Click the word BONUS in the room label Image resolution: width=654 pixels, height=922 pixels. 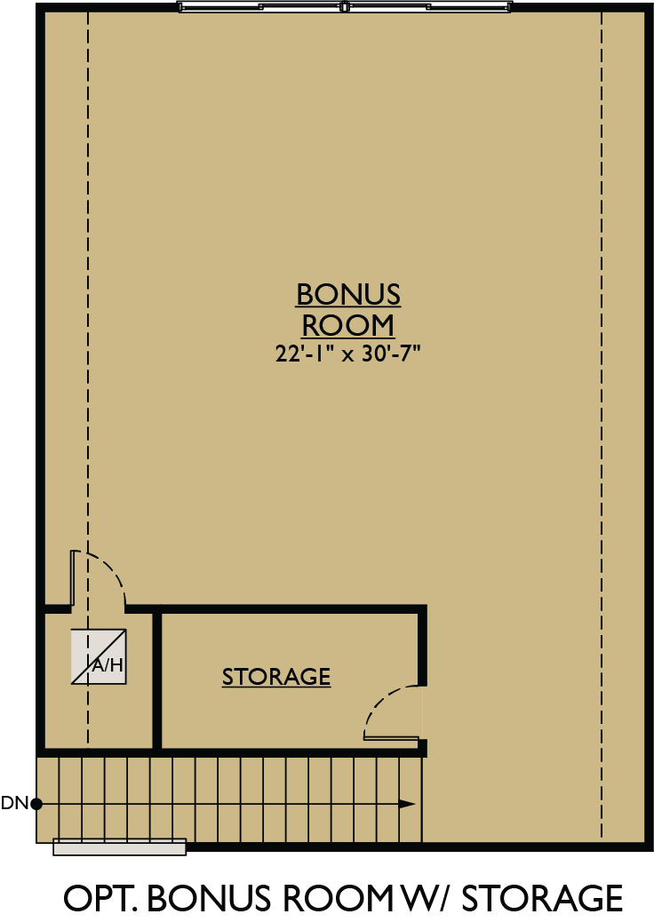click(x=348, y=294)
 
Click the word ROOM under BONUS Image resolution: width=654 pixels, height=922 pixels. click(x=348, y=324)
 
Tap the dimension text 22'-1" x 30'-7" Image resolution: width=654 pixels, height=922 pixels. click(x=347, y=354)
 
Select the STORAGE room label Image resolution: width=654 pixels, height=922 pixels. click(x=276, y=677)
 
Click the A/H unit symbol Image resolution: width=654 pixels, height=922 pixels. click(x=99, y=657)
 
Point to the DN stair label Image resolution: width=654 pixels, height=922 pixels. click(x=14, y=804)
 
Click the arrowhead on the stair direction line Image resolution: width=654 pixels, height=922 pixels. click(x=407, y=804)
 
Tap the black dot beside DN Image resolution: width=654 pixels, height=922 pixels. click(x=36, y=804)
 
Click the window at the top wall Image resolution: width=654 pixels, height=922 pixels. click(x=346, y=6)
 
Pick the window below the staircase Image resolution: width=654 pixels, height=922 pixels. click(x=120, y=847)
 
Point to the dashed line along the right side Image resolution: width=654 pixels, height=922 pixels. click(x=602, y=426)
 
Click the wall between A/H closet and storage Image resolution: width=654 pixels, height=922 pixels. click(x=157, y=680)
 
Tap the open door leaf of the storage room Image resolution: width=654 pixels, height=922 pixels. click(x=391, y=738)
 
